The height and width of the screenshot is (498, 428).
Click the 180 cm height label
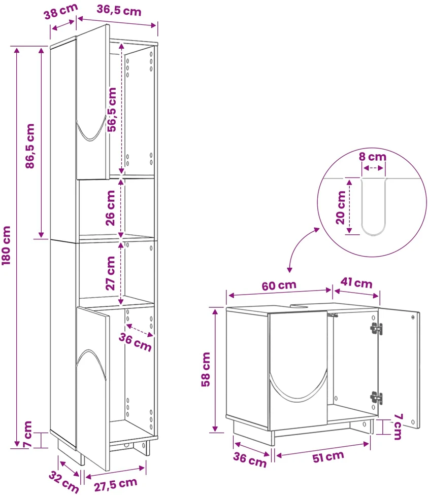[x=7, y=245]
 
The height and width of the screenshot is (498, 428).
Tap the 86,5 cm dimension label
[x=30, y=146]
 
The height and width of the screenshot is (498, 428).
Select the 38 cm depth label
[x=60, y=11]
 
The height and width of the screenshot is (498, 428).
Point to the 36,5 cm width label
[x=119, y=10]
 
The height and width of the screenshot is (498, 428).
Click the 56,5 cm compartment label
[x=112, y=110]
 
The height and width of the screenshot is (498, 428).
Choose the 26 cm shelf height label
[x=110, y=208]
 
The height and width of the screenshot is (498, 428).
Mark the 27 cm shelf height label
[x=110, y=273]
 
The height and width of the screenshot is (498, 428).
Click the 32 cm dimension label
[x=64, y=482]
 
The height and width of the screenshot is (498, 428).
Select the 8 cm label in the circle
[x=372, y=157]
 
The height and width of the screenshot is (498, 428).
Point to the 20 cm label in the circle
[x=341, y=207]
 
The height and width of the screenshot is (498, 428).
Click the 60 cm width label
[x=279, y=285]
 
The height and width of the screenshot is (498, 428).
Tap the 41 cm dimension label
[x=356, y=282]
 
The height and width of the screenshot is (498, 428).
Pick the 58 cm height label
[x=206, y=369]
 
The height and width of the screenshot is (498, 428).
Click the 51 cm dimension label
[x=328, y=457]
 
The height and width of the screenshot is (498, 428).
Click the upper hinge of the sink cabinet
[x=376, y=329]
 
